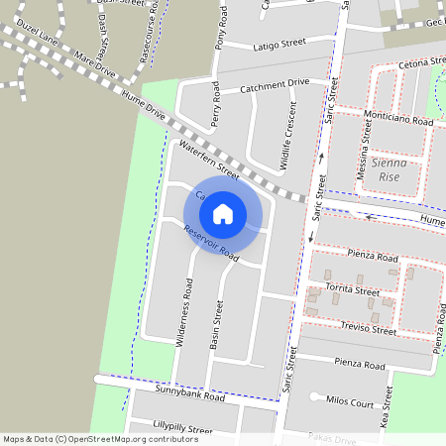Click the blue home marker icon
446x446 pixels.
(223, 213)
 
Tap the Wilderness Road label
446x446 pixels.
(183, 311)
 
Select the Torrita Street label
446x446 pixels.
(354, 292)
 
